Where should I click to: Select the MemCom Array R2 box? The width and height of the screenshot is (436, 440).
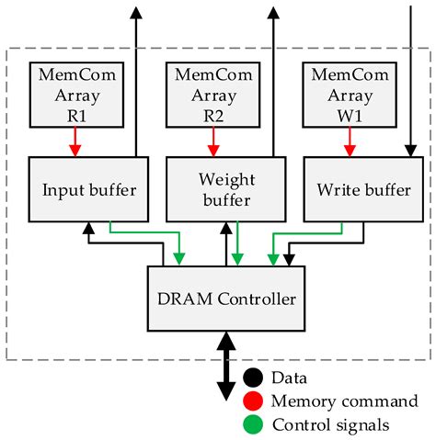212,94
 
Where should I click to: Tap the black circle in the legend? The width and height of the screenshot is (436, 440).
253,378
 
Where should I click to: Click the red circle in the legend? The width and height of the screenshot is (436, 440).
253,401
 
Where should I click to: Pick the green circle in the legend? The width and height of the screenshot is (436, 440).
253,423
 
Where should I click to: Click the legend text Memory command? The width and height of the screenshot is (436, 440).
344,401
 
